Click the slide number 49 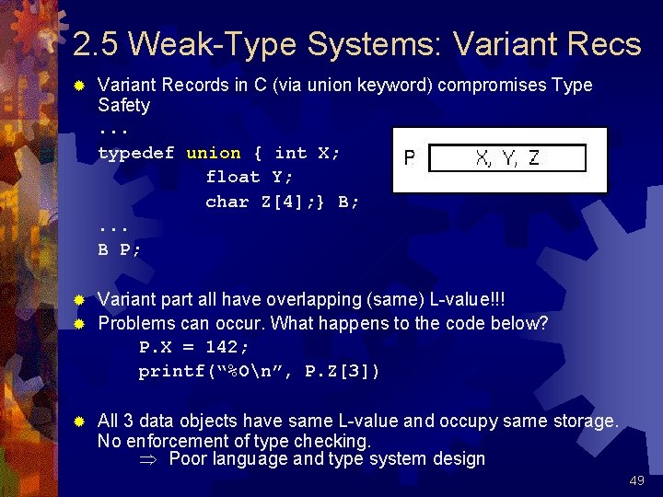coord(635,480)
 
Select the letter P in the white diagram coord(409,159)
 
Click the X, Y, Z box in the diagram coord(507,158)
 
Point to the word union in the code coord(214,154)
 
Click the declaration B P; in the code coord(120,249)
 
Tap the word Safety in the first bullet coord(123,105)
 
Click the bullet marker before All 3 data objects coord(79,422)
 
